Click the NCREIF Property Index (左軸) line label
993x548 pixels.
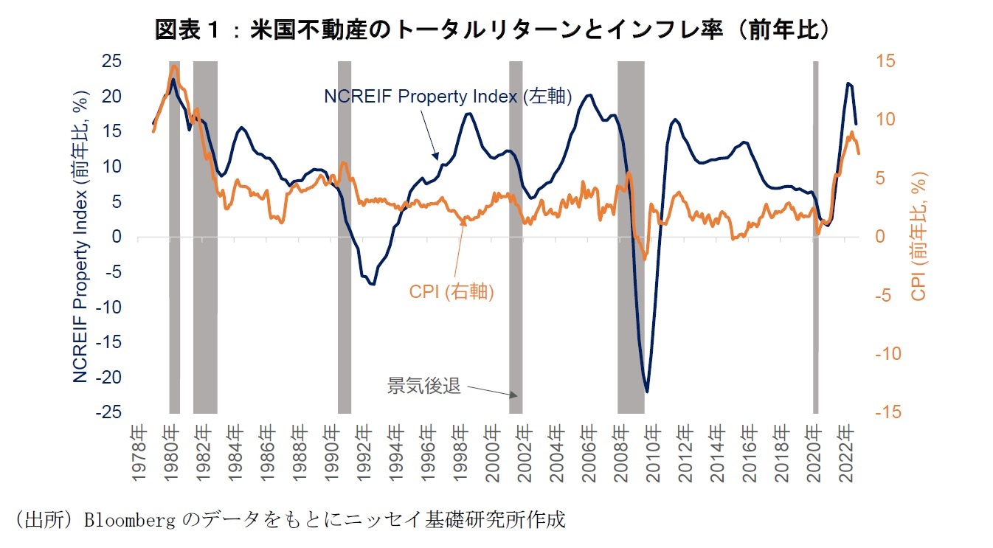[x=448, y=97]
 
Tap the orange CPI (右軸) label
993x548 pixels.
[x=451, y=291]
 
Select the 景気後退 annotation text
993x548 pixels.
[x=424, y=385]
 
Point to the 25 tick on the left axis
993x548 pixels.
[x=111, y=61]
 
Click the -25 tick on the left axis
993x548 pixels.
[x=108, y=412]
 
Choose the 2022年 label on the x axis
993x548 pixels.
[x=845, y=451]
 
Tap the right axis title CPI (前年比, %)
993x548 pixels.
[x=918, y=236]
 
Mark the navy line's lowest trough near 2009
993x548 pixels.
[x=647, y=391]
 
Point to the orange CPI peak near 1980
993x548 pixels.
[x=174, y=66]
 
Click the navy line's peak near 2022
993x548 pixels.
[x=848, y=83]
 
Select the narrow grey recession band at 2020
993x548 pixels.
[x=815, y=236]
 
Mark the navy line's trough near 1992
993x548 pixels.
[x=373, y=284]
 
